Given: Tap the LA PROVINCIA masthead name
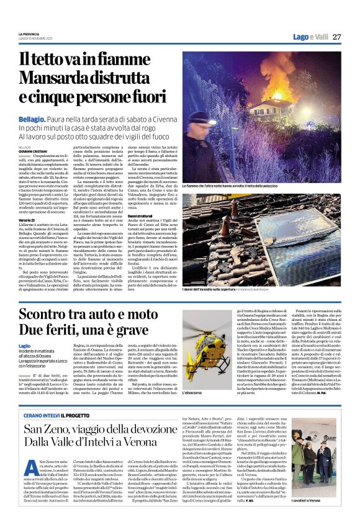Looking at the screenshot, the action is coord(29,33).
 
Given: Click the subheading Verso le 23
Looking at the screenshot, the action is coord(27,220).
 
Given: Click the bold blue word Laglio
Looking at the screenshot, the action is coord(25,345).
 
